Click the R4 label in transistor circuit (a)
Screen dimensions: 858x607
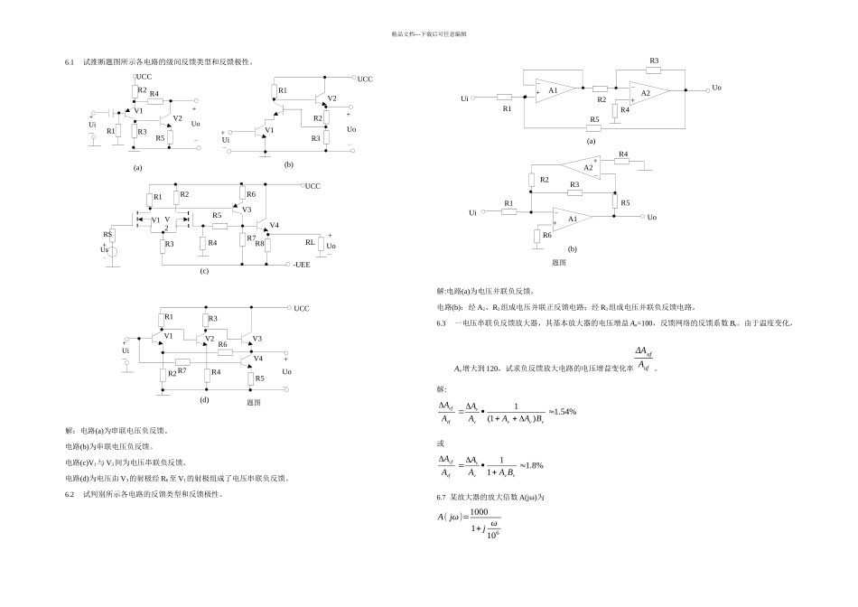154,94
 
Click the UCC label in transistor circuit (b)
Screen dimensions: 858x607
365,79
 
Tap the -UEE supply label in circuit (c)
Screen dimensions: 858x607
303,265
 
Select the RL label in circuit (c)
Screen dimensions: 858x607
310,242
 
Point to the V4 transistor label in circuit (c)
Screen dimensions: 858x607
275,225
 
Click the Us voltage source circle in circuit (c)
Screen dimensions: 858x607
111,250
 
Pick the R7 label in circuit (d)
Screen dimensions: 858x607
182,370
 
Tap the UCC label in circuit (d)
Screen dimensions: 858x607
302,308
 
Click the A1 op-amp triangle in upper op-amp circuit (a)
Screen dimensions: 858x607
553,91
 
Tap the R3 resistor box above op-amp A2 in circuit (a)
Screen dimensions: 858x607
654,69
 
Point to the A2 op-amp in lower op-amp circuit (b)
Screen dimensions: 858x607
585,168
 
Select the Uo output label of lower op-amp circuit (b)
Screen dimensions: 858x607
651,217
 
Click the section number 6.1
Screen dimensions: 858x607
69,62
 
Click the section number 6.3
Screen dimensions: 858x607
442,322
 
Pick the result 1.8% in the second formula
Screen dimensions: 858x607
532,465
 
